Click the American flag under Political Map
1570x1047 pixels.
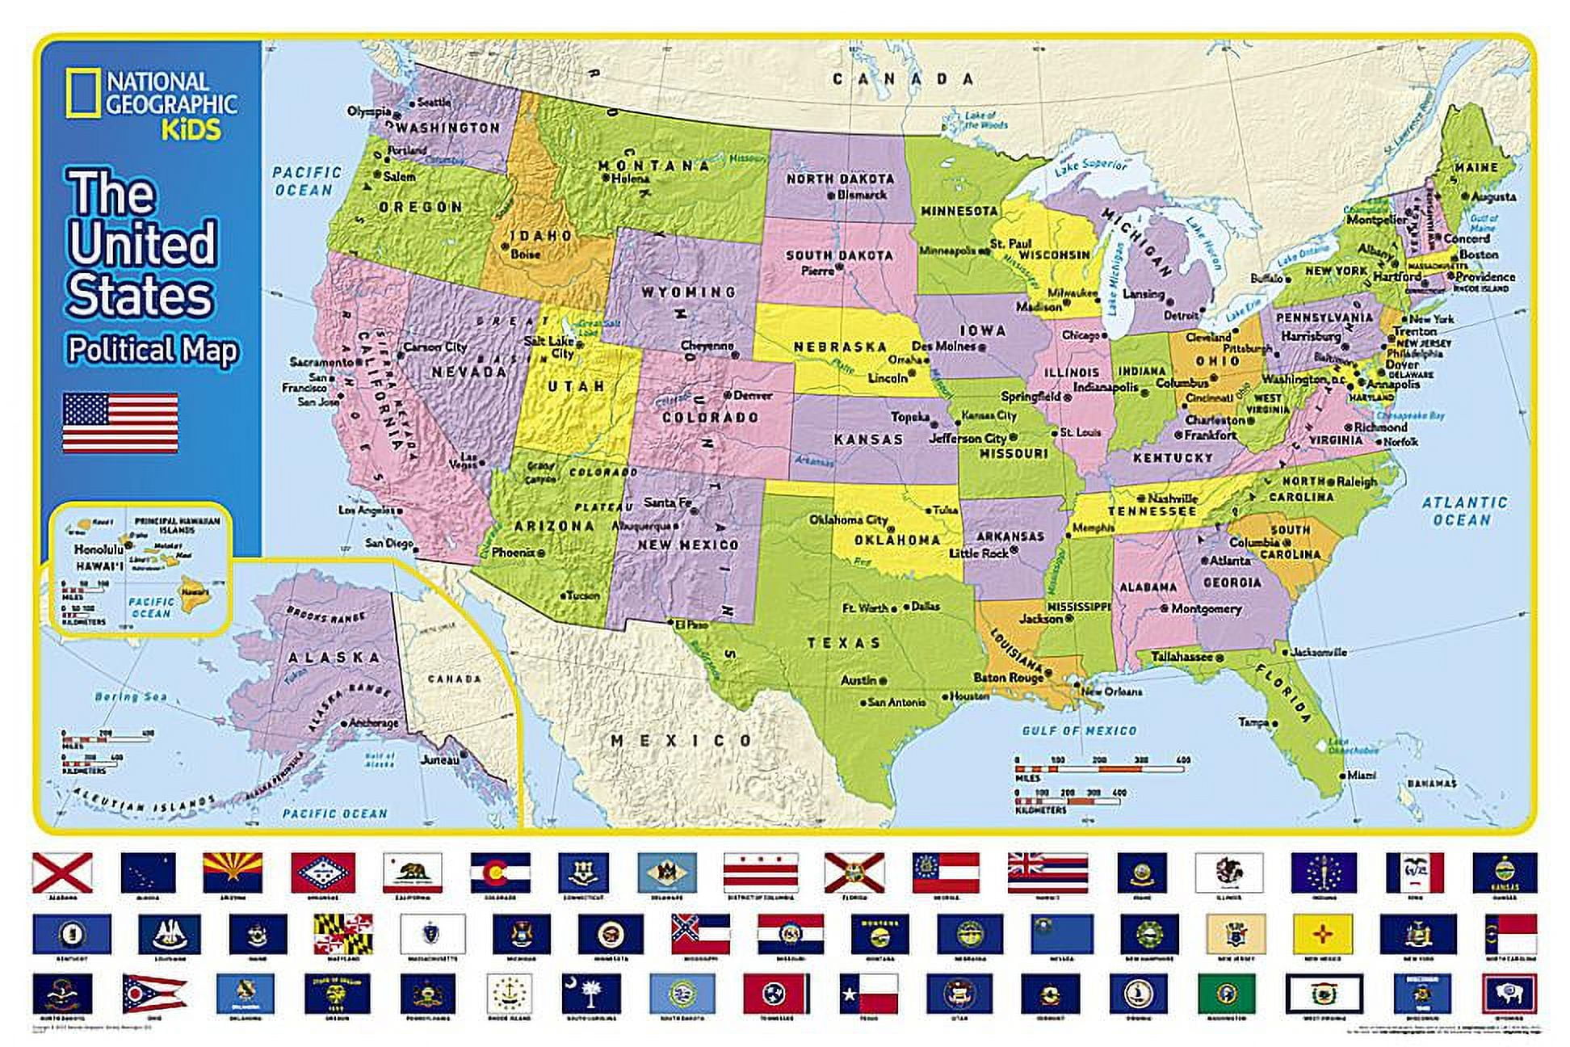click(120, 423)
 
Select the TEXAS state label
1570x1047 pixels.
click(844, 643)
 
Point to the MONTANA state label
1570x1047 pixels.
click(653, 166)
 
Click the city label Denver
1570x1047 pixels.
click(753, 396)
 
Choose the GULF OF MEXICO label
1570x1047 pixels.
click(1079, 731)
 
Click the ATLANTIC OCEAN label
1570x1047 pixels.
click(1464, 511)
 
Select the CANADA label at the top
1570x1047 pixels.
click(904, 79)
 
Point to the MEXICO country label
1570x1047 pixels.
click(682, 740)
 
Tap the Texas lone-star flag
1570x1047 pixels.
click(868, 993)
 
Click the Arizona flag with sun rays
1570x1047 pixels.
click(233, 872)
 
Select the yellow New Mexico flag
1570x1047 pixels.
click(1322, 934)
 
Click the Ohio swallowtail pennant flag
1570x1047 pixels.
click(153, 993)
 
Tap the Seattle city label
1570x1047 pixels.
click(434, 103)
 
